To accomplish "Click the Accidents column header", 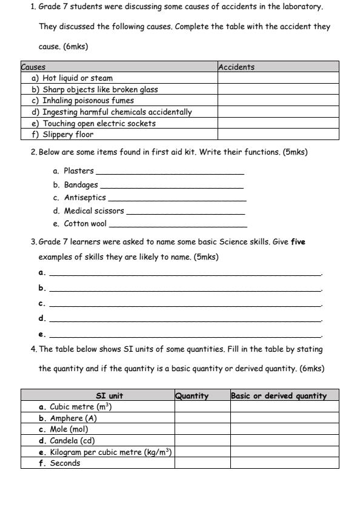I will [x=236, y=67].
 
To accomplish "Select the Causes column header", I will [x=34, y=67].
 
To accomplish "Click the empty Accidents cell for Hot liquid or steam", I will [x=278, y=78].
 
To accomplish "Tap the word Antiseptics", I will [x=85, y=198].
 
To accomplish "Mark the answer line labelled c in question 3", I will [x=185, y=304].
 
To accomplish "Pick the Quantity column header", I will [x=192, y=396].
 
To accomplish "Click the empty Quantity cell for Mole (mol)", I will [x=202, y=429].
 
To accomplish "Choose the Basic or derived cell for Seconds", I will [x=284, y=463].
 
